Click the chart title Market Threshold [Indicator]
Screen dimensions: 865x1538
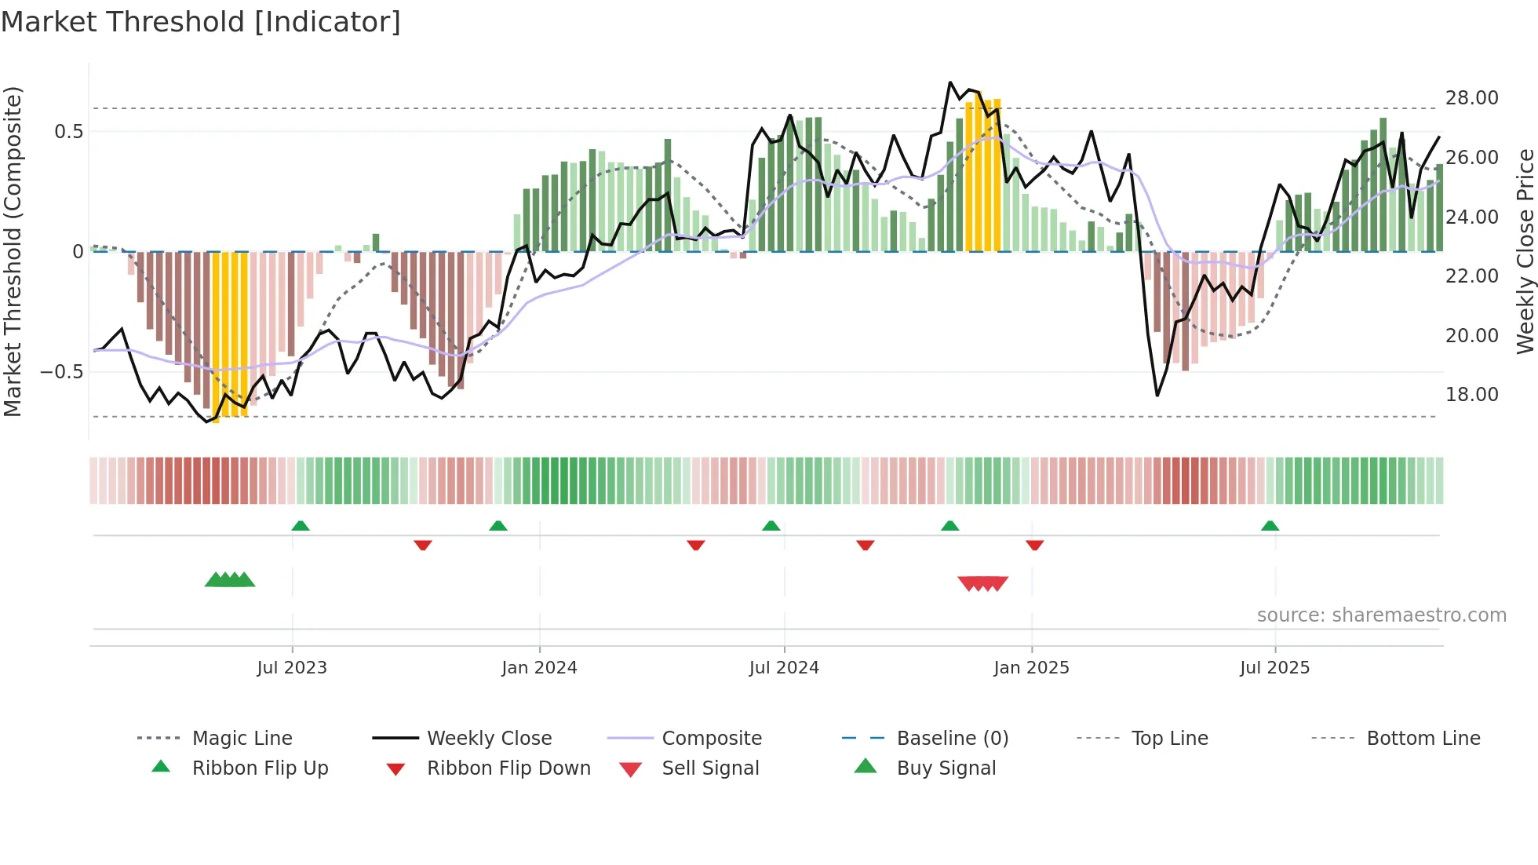point(201,22)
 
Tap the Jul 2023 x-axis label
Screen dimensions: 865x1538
point(291,668)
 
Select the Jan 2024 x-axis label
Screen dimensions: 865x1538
point(539,668)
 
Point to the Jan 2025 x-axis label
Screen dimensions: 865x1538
point(1031,668)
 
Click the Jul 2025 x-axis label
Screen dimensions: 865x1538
point(1274,668)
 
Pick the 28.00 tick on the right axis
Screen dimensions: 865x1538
point(1471,98)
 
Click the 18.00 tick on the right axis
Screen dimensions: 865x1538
point(1471,395)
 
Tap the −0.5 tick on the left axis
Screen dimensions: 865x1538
point(61,372)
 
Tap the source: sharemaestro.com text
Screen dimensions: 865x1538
point(1381,615)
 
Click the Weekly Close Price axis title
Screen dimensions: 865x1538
point(1525,251)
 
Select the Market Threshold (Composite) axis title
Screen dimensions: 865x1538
point(13,251)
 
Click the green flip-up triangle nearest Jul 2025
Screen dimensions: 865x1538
point(1270,526)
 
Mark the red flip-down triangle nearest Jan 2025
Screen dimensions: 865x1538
point(1034,545)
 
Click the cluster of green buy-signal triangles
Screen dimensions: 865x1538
point(230,580)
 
